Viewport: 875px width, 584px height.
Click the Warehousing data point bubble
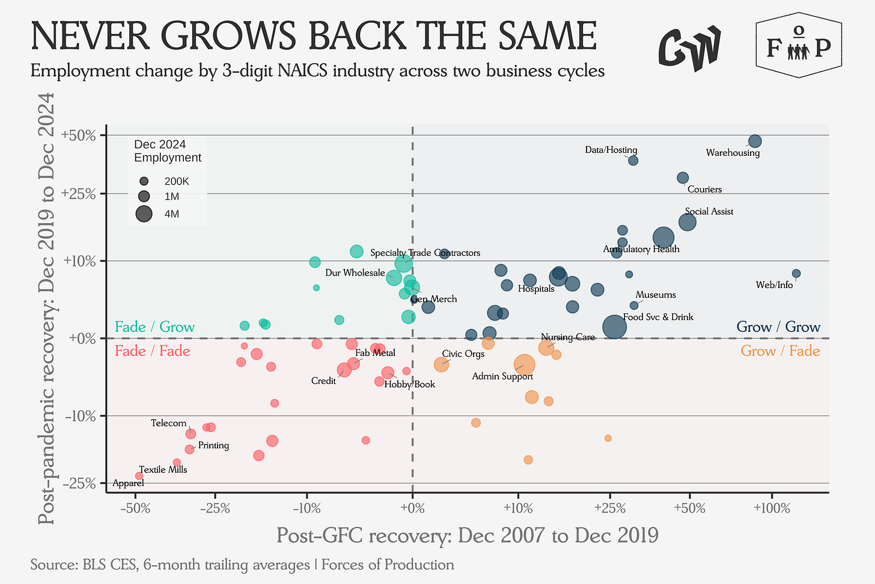click(x=755, y=141)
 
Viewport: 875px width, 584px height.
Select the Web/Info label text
click(x=774, y=285)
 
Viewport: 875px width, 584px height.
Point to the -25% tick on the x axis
click(x=214, y=509)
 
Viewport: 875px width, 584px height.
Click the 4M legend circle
click(x=144, y=214)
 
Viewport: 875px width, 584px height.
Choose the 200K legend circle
click(x=144, y=181)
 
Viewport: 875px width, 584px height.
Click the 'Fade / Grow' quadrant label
click(x=154, y=327)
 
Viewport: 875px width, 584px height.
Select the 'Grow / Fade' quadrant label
click(x=780, y=351)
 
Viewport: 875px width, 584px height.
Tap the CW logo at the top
click(x=689, y=48)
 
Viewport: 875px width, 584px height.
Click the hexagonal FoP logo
click(x=798, y=46)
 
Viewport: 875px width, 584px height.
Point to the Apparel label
click(x=128, y=483)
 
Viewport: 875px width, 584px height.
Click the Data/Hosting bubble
click(x=633, y=161)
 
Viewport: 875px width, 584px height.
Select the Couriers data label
click(x=704, y=189)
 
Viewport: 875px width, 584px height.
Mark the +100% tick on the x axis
click(x=771, y=509)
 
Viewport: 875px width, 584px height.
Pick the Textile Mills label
click(x=163, y=470)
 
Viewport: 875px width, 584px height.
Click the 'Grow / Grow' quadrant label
click(x=778, y=327)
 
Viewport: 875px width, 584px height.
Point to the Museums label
click(x=656, y=295)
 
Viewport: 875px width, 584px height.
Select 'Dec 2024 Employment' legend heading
click(x=168, y=151)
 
